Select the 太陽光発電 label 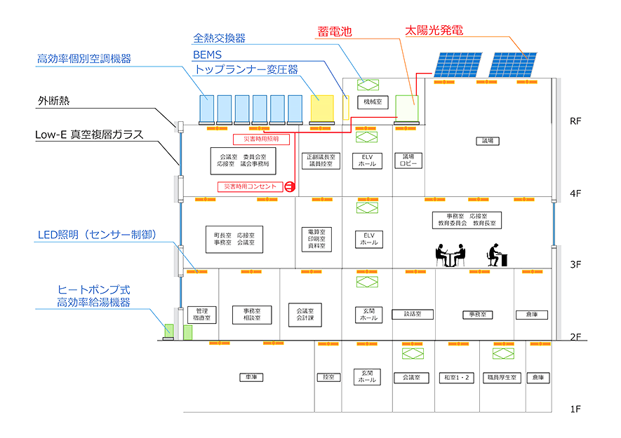coord(434,31)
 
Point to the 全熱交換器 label coord(219,38)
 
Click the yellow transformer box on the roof coord(322,108)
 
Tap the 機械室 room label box coord(367,102)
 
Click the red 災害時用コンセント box coord(251,186)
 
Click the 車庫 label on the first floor coord(249,377)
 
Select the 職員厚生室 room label coord(501,378)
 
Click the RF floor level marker coord(575,121)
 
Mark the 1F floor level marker coord(575,408)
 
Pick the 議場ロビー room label coord(408,160)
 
